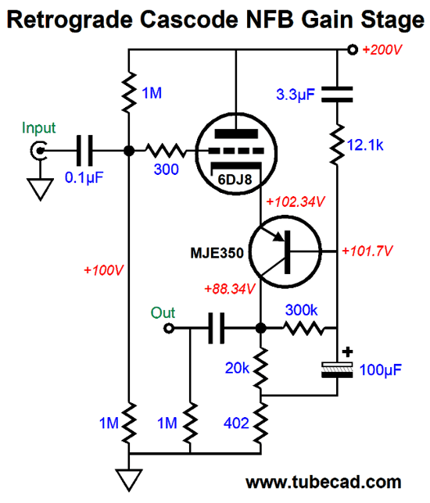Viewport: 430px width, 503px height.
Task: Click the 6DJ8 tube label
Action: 235,180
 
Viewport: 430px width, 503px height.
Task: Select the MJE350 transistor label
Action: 217,253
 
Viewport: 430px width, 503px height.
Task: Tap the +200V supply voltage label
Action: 382,50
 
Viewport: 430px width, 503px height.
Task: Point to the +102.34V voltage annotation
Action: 296,202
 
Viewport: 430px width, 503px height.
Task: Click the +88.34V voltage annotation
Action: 230,289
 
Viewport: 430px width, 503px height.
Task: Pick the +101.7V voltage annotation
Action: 367,251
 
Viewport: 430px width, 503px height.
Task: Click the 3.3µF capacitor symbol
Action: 337,95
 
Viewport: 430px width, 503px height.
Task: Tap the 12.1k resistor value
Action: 365,145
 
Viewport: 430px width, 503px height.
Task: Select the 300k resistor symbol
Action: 304,328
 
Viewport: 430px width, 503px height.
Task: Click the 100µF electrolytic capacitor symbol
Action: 337,369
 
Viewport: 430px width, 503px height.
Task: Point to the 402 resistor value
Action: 236,423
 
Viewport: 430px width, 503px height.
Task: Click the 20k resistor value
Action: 237,368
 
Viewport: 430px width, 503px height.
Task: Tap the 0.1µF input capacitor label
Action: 84,177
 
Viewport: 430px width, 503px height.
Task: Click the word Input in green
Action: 38,128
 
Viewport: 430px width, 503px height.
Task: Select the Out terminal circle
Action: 169,328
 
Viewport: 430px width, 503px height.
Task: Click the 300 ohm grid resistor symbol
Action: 166,150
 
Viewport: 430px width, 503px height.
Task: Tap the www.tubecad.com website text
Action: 324,482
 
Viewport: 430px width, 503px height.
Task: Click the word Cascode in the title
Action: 189,20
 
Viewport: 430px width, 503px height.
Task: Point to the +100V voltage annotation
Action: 103,270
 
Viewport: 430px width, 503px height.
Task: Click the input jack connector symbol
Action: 39,150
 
